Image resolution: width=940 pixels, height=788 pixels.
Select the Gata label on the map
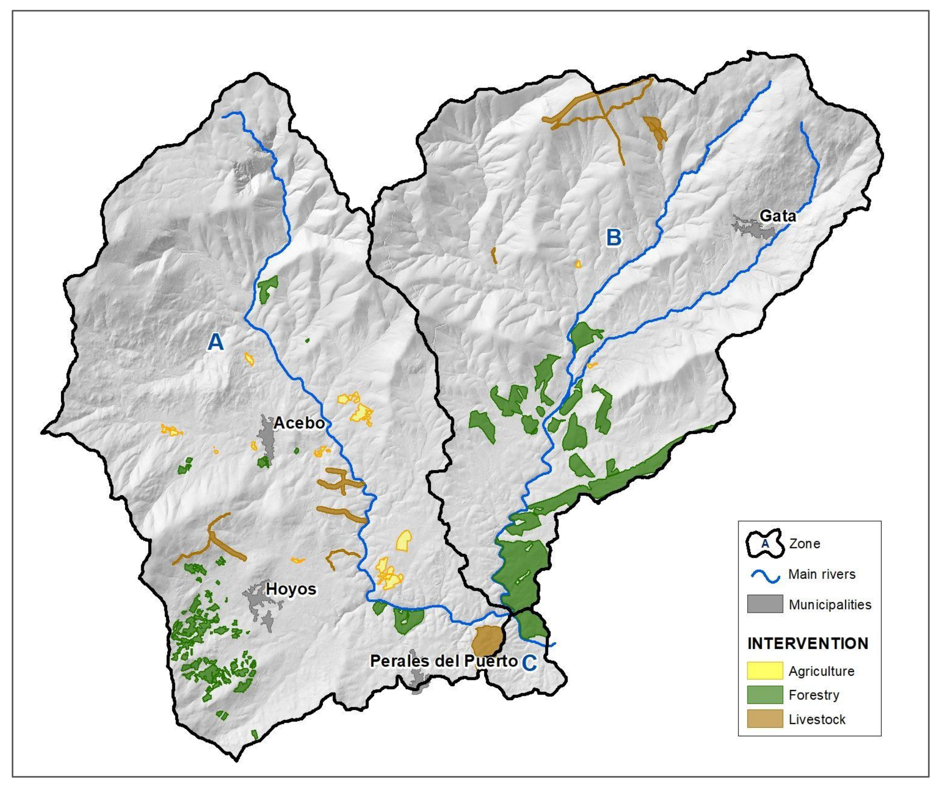coord(778,216)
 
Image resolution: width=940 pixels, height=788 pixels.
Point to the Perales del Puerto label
coord(443,661)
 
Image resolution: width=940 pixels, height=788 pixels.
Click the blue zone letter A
coord(216,343)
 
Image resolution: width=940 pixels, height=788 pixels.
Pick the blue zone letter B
coord(614,237)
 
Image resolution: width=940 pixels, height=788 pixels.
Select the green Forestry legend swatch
coord(764,695)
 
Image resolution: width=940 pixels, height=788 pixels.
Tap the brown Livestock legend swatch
coord(764,719)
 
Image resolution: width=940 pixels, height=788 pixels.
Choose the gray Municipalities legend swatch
coord(764,604)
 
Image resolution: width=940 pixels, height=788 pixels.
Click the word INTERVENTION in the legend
coord(808,643)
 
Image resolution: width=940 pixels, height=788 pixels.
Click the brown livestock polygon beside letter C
coord(487,639)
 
